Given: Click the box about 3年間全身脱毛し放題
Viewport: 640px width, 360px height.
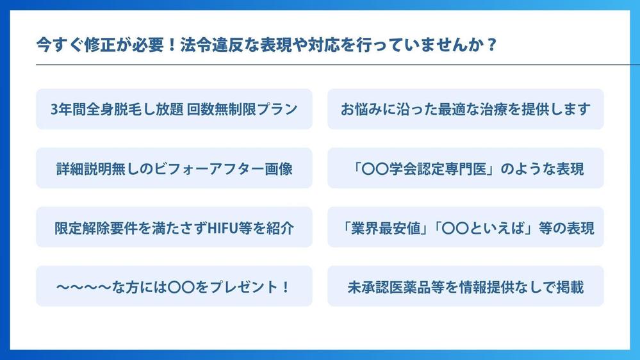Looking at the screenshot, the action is tap(174, 109).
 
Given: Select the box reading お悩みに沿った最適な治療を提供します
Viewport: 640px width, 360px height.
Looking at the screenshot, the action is tap(465, 109).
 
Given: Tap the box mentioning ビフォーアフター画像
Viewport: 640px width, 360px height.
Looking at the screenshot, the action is tap(174, 168).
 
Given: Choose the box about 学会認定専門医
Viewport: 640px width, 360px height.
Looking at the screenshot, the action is tap(465, 168).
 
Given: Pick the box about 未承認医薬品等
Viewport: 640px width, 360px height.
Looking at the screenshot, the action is tap(465, 286).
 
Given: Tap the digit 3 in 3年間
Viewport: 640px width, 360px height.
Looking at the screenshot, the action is tap(54, 110).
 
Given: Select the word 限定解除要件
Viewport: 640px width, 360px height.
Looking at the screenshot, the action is tap(96, 228).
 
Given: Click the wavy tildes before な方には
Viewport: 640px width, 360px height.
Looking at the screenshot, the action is tap(84, 287).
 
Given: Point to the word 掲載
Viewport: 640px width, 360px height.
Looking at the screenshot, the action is tap(570, 287).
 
